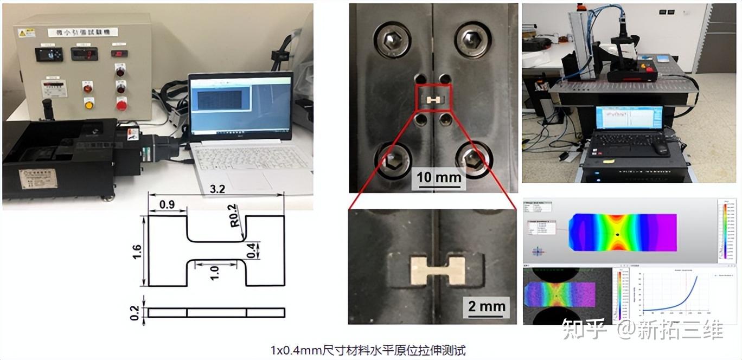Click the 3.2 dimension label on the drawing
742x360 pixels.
pyautogui.click(x=218, y=189)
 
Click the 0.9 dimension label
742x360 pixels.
pyautogui.click(x=167, y=205)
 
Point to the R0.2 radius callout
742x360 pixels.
pyautogui.click(x=234, y=215)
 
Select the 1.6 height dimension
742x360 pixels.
pyautogui.click(x=137, y=252)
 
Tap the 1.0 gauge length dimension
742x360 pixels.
pyautogui.click(x=215, y=271)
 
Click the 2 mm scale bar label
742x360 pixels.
pyautogui.click(x=487, y=306)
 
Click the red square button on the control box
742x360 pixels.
pyautogui.click(x=121, y=104)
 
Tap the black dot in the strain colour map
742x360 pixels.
pyautogui.click(x=618, y=234)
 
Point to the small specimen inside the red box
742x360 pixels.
pyautogui.click(x=433, y=100)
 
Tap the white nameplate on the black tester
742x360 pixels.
pyautogui.click(x=38, y=178)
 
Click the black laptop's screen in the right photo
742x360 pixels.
pyautogui.click(x=628, y=118)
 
